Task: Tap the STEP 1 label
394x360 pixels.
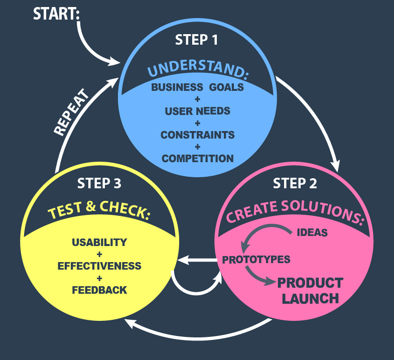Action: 197,40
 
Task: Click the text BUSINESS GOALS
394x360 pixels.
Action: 197,87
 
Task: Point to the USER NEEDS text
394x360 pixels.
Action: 197,111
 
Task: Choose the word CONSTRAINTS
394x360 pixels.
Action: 197,135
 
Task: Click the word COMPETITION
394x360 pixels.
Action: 197,158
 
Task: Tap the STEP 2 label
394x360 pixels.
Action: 295,183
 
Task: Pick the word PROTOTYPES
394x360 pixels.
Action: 256,260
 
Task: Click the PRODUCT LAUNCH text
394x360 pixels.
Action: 310,290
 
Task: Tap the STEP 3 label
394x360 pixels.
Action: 99,183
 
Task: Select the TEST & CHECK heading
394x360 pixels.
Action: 99,211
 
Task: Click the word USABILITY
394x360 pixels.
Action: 99,242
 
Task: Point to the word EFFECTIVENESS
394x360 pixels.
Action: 99,266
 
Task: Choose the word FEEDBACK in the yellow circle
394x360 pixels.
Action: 99,290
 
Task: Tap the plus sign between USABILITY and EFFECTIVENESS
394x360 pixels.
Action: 99,254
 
